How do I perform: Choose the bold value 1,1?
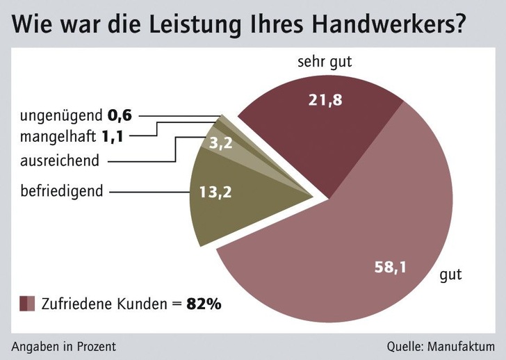(113, 136)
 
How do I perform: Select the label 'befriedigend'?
(62, 190)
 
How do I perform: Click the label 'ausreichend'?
(59, 161)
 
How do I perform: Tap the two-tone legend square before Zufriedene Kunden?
(27, 304)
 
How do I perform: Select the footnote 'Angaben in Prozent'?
(63, 346)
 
